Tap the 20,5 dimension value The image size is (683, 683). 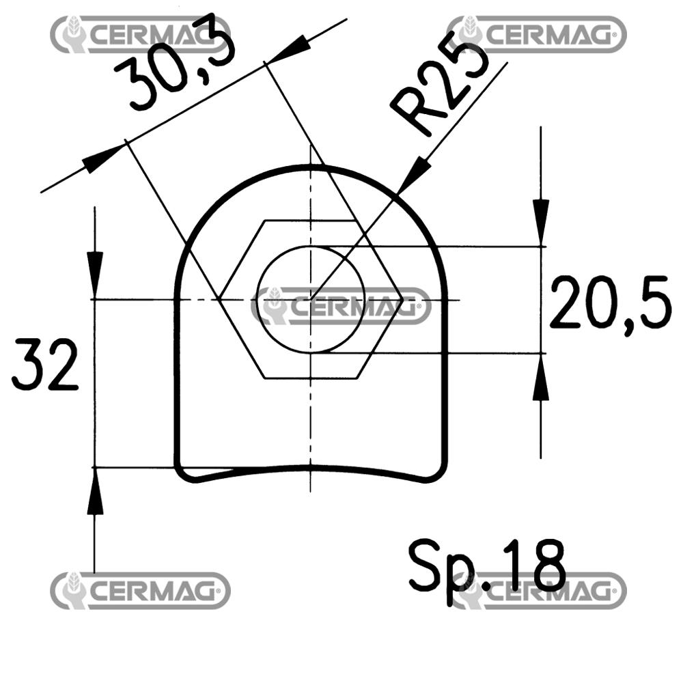coord(610,303)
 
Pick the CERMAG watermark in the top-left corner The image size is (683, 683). coord(140,34)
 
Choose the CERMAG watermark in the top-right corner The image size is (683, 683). coord(536,34)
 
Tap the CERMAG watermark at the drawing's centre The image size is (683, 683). coord(341,306)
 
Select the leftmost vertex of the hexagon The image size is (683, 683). coord(219,298)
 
